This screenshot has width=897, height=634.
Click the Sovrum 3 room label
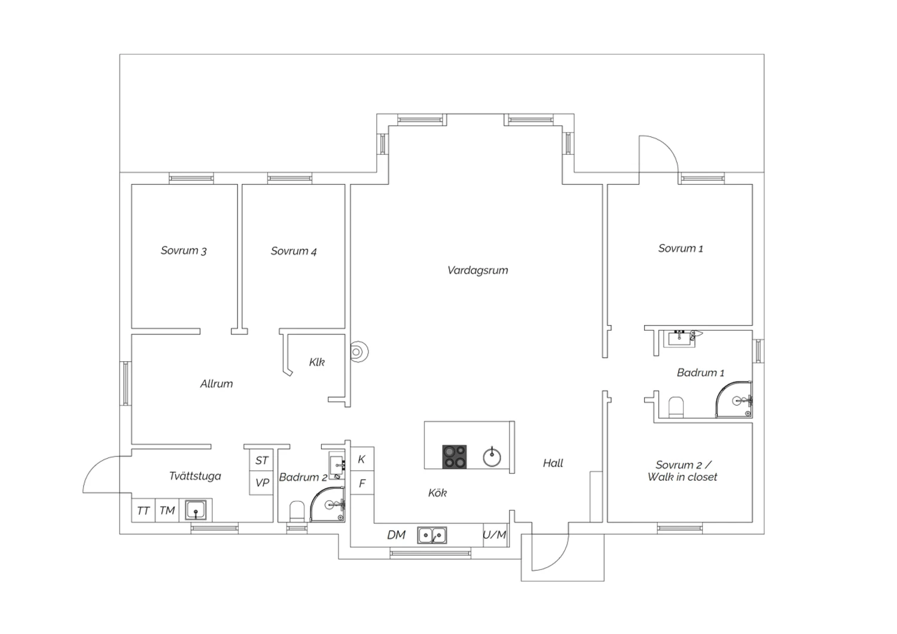click(x=184, y=251)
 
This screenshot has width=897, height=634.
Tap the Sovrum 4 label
click(x=294, y=251)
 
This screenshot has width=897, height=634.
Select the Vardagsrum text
click(x=478, y=270)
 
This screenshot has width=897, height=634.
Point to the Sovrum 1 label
click(x=681, y=248)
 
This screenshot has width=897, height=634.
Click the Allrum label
click(x=216, y=383)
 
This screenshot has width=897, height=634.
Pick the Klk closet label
click(x=317, y=362)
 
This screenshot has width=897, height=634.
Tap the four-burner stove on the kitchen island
click(x=454, y=456)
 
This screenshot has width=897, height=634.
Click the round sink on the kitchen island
click(x=492, y=458)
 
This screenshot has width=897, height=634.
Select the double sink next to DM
click(x=432, y=535)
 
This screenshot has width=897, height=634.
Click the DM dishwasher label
click(x=396, y=535)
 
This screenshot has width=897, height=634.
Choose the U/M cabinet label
click(x=495, y=535)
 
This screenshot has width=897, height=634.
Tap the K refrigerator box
click(x=362, y=459)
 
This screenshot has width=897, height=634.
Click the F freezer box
click(x=362, y=483)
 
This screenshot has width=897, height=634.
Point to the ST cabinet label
click(x=261, y=461)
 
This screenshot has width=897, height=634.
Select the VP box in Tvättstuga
click(x=261, y=483)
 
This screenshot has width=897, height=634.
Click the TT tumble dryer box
click(x=144, y=510)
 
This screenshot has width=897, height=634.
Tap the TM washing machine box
click(x=167, y=510)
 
